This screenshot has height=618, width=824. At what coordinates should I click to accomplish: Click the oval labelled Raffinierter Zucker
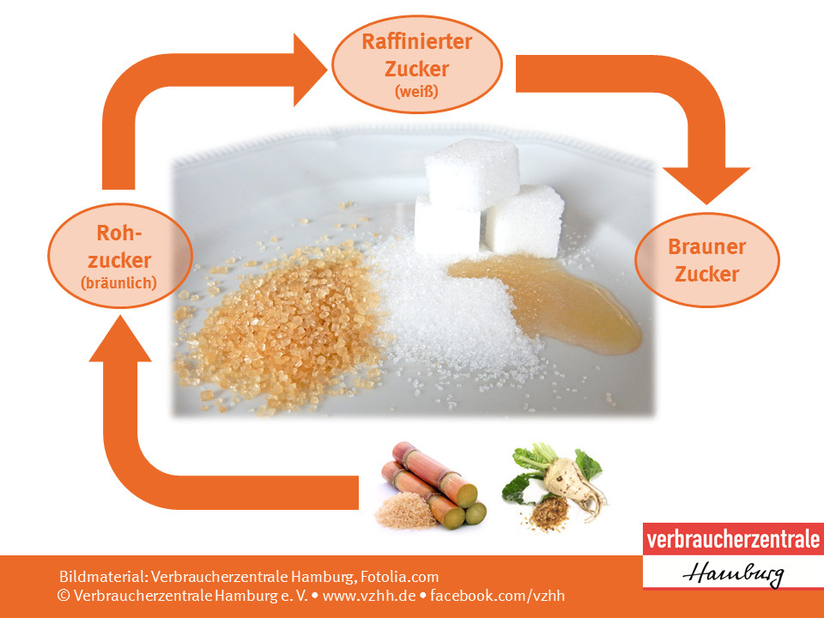(x=417, y=64)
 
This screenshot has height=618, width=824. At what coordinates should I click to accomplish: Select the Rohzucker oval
(x=120, y=256)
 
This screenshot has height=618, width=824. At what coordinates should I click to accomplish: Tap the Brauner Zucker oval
(x=706, y=259)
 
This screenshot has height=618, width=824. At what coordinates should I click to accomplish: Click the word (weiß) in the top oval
(x=417, y=92)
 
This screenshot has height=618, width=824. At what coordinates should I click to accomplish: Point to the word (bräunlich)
(x=118, y=283)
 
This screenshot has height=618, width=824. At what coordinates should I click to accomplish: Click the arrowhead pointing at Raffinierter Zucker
(x=310, y=70)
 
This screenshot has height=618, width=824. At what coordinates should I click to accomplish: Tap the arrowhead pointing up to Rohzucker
(x=120, y=339)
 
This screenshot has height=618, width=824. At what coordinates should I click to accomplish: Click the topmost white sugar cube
(x=472, y=173)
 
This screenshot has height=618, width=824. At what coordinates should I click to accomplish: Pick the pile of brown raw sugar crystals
(x=284, y=326)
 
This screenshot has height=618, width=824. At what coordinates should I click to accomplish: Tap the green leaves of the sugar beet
(x=547, y=468)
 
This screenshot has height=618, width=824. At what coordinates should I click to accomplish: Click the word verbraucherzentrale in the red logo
(x=732, y=540)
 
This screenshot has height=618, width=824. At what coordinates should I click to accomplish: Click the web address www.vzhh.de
(x=369, y=596)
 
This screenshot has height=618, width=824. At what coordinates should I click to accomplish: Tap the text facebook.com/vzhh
(x=497, y=596)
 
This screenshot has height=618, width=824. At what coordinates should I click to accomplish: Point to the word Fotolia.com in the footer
(x=399, y=577)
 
